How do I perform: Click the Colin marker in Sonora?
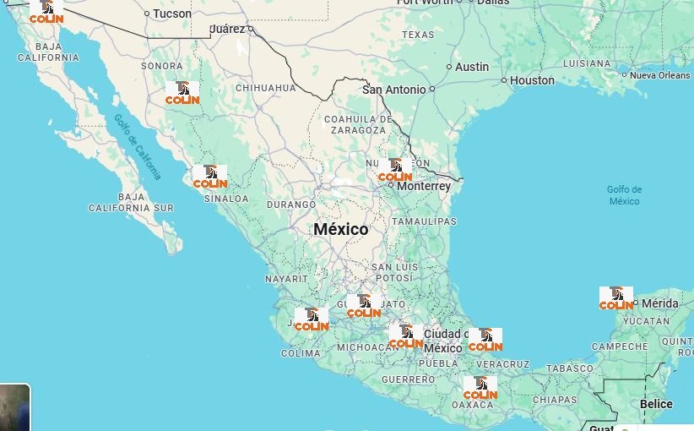tap(182, 93)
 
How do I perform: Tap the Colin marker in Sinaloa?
tap(209, 177)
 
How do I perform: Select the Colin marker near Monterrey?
tap(395, 171)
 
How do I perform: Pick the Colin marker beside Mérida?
tap(616, 298)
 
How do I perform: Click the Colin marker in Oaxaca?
tap(480, 389)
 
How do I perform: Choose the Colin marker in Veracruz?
tap(485, 340)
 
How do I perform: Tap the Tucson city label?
tap(172, 14)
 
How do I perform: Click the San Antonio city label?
tap(394, 89)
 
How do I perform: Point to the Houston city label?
tap(532, 80)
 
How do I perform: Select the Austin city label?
tap(472, 67)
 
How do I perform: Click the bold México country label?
tap(341, 229)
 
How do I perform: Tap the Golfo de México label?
tap(624, 195)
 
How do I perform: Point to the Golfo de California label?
tap(138, 146)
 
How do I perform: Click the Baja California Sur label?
tap(131, 202)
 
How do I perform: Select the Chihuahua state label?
tap(265, 88)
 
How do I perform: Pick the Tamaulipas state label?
tap(424, 221)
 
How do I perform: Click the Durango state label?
tap(290, 205)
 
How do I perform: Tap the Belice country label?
tap(656, 404)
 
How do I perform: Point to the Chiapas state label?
tap(555, 400)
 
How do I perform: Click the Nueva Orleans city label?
tap(659, 75)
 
